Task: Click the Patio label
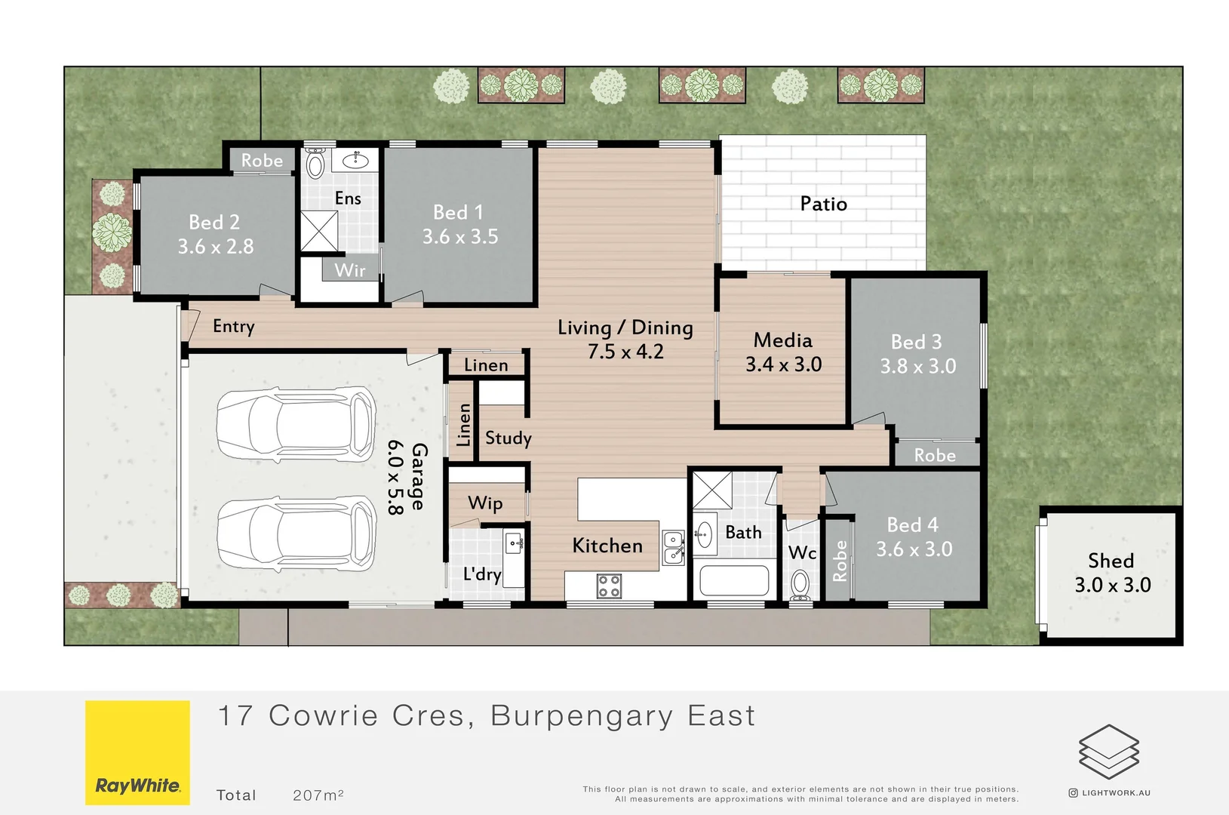point(823,204)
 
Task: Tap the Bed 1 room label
point(459,224)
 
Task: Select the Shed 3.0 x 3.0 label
point(1112,573)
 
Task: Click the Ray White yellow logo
point(137,752)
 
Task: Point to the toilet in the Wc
point(800,584)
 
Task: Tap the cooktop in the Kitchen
point(609,586)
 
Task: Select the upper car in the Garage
point(296,423)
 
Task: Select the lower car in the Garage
point(296,535)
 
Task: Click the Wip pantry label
point(485,503)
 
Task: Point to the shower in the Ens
point(319,231)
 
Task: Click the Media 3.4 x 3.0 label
point(783,352)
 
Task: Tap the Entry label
point(233,326)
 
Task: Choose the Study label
point(508,438)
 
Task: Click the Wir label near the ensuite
point(349,270)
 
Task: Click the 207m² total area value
point(318,795)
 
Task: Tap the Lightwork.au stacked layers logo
point(1108,752)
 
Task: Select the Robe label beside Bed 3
point(934,455)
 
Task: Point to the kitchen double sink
point(673,548)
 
